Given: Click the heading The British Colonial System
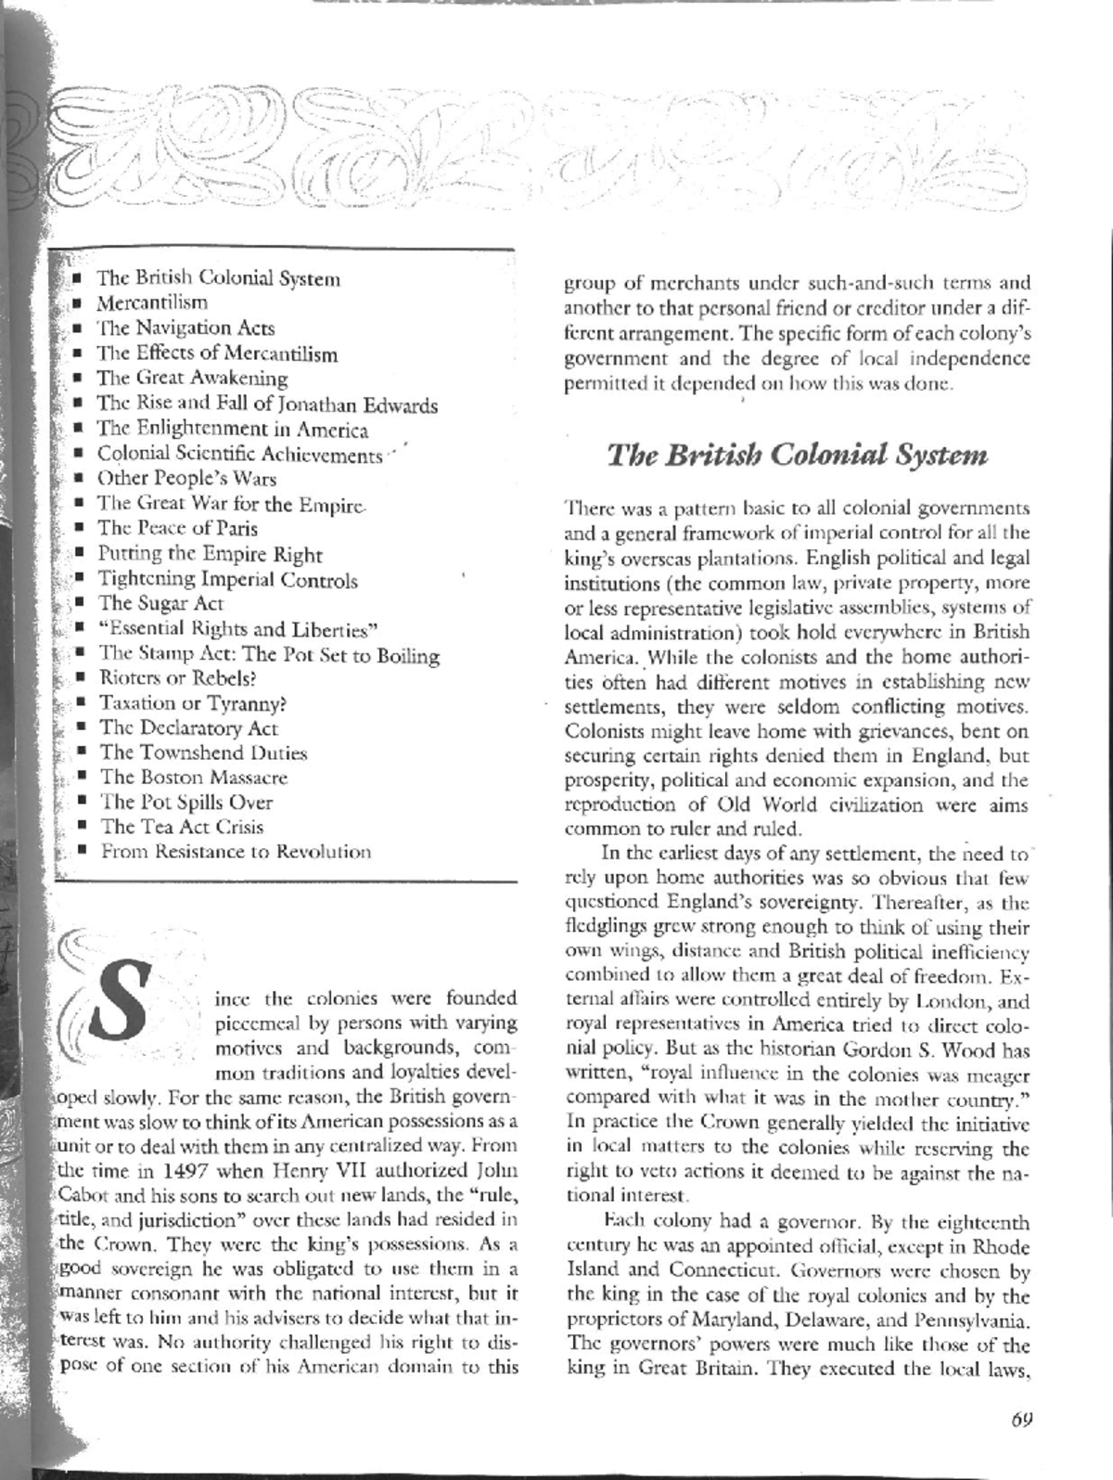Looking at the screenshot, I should point(797,456).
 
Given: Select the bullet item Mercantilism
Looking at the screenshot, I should point(152,302).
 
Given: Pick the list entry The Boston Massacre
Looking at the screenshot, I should point(193,777).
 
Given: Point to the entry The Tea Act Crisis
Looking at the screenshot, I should point(182,827).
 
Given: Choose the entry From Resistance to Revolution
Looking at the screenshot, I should point(236,851).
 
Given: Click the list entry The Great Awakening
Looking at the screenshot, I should point(192,378).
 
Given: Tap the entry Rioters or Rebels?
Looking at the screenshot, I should point(176,678).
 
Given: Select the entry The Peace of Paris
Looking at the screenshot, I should point(177,528).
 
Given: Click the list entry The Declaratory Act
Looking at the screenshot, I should point(188,728).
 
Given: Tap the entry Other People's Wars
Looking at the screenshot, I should point(186,479).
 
